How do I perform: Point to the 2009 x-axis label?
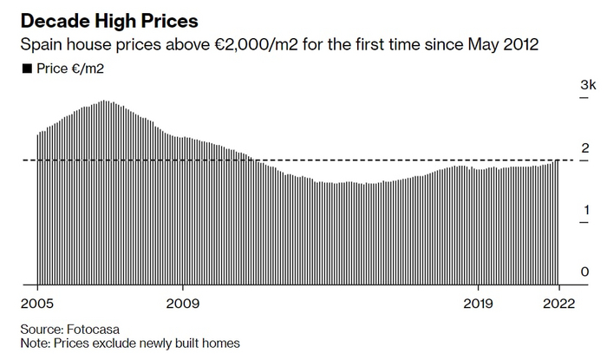point(183,304)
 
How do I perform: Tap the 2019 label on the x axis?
point(478,304)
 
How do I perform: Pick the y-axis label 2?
point(585,147)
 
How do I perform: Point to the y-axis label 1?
point(585,210)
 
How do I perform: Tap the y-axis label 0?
point(585,272)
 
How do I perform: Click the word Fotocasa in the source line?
point(95,330)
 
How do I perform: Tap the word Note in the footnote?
point(32,344)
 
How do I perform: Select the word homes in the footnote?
point(220,344)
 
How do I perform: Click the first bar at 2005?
point(38,208)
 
